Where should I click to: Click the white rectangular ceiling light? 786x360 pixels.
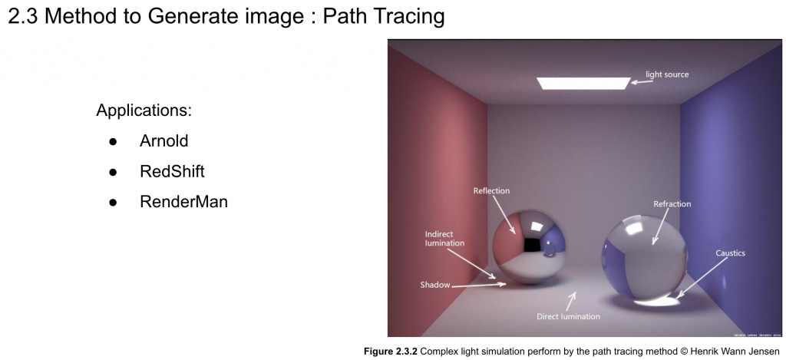coord(583,83)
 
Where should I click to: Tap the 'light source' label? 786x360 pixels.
coord(667,74)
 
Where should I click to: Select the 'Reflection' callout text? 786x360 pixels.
coord(491,191)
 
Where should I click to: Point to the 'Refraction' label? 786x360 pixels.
coord(672,204)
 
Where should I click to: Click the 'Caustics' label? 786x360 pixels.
coord(731,253)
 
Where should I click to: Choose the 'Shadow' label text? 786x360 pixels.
coord(434,286)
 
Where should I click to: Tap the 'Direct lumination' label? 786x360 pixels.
coord(568,316)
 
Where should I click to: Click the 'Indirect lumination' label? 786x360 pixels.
coord(444,239)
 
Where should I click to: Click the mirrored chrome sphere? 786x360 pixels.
coord(529,246)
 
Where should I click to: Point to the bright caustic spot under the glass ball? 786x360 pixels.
coord(656,301)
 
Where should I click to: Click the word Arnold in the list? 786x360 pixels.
coord(164,141)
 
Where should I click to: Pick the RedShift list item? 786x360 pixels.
coord(172,171)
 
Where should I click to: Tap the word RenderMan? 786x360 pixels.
coord(183,202)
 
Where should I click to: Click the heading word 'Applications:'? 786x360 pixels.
coord(144,110)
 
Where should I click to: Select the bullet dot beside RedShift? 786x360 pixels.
coord(113,173)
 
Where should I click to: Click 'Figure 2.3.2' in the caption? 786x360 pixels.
coord(391,352)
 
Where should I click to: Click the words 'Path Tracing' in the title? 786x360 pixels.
coord(384,17)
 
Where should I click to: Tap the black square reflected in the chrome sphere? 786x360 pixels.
coord(531,245)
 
